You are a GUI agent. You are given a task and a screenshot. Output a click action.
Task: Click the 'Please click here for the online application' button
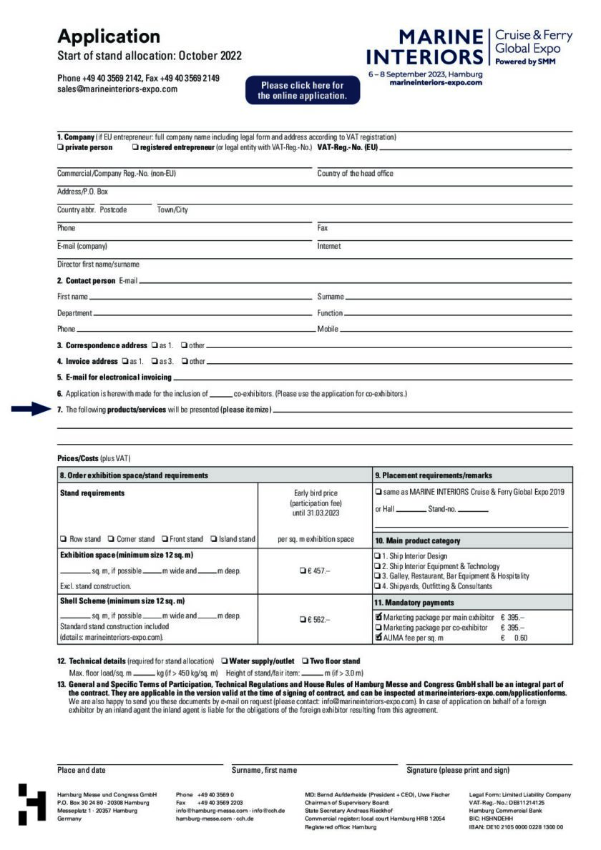tap(301, 90)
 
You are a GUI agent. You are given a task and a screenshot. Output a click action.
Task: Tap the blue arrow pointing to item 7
tap(33, 410)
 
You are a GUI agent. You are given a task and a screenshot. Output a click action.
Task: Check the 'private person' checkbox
tap(60, 148)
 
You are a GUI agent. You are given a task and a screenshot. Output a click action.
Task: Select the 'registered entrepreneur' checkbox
tap(135, 148)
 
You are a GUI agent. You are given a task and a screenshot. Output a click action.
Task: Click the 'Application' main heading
tap(109, 36)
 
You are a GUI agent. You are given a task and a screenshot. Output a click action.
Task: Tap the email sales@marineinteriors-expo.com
tap(117, 89)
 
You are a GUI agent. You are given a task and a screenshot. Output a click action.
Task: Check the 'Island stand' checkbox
tap(214, 539)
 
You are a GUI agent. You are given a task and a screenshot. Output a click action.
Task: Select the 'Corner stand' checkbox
tap(112, 539)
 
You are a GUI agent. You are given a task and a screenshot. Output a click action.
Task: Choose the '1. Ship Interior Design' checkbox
tap(378, 555)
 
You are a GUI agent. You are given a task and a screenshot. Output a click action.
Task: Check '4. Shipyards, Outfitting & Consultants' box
tap(378, 586)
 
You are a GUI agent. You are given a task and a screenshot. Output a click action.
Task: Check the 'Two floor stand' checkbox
tap(305, 661)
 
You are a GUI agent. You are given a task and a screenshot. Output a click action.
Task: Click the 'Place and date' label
tap(82, 770)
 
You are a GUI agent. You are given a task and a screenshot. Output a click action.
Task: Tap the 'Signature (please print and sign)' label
tap(458, 770)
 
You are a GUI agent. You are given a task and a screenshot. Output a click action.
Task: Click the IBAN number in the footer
tap(516, 827)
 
